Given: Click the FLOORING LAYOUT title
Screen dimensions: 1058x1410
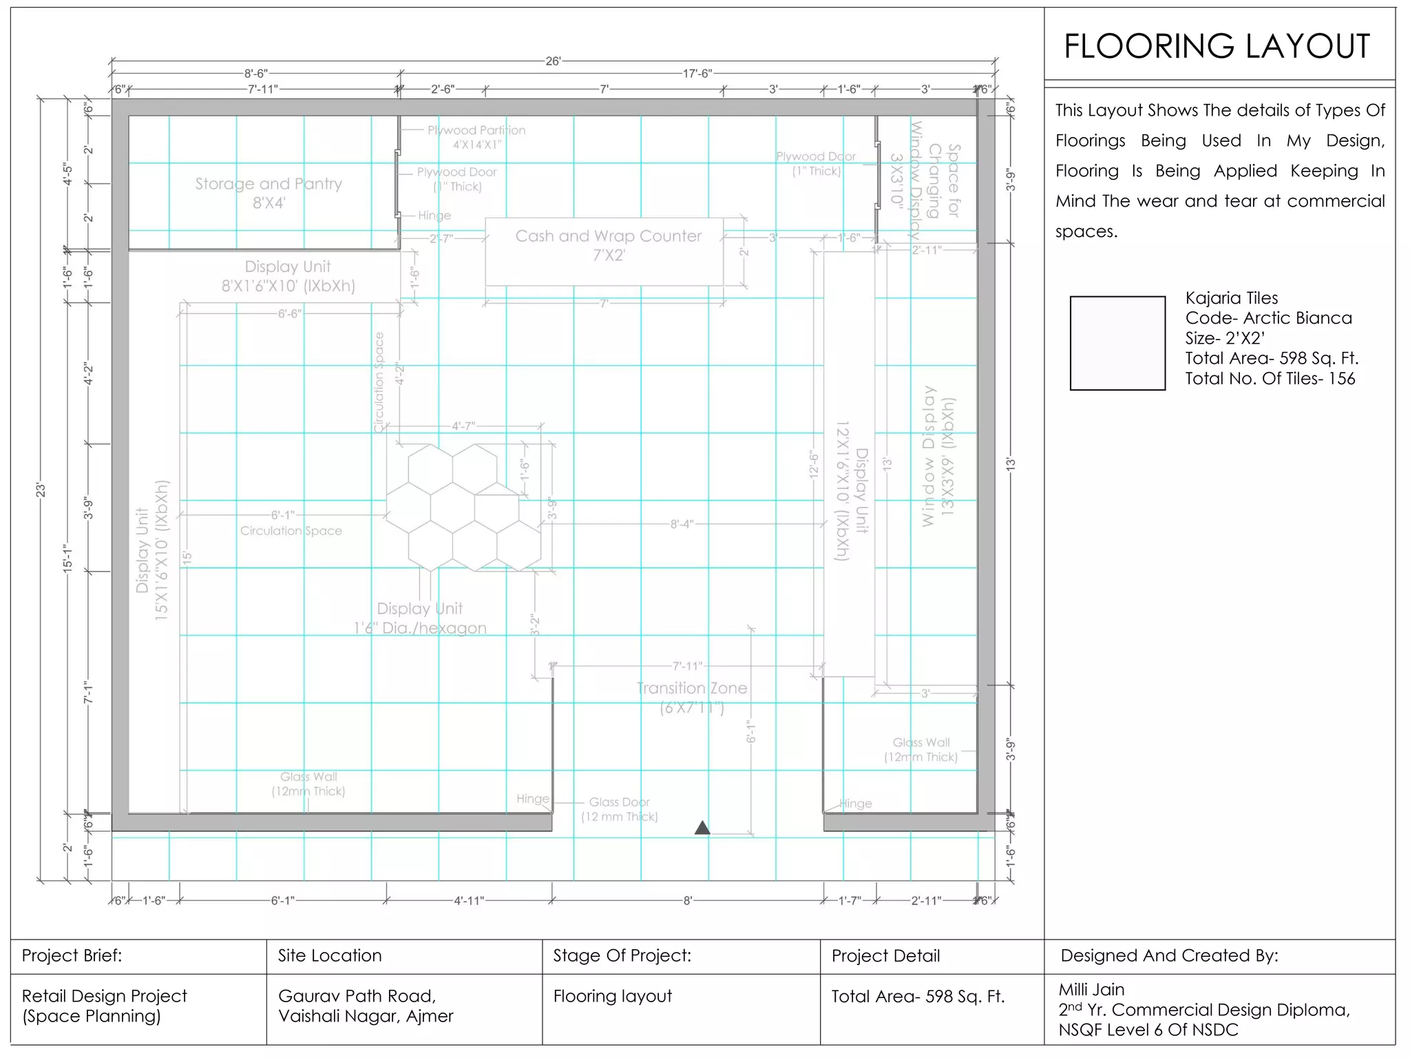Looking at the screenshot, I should pos(1217,47).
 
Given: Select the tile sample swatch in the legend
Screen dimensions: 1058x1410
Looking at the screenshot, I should pos(1117,343).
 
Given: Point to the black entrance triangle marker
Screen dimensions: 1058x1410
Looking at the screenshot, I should pos(702,828).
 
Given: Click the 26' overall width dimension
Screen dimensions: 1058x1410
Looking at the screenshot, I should pos(553,61).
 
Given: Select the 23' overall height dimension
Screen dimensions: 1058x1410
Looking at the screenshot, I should pos(41,490).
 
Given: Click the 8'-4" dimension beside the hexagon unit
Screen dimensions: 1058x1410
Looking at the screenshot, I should pos(682,524).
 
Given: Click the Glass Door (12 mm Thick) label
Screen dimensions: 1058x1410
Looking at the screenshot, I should pos(619,809).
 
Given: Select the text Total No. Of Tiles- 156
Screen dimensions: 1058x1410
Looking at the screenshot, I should pos(1270,379).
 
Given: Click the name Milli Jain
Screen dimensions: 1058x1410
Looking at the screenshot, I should pos(1091,990).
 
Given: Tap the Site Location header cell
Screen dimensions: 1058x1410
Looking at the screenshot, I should pos(330,955).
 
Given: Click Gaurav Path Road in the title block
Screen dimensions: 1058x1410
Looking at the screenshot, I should pos(357,996).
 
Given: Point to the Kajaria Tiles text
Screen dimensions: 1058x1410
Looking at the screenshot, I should pos(1231,298).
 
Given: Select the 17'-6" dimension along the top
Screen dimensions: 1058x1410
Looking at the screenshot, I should pos(697,74).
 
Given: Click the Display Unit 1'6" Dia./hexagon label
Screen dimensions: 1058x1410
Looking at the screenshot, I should pos(420,618).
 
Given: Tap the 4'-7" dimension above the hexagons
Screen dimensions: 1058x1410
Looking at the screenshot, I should pos(463,426).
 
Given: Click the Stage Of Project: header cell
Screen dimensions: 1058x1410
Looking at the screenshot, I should pos(622,955).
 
